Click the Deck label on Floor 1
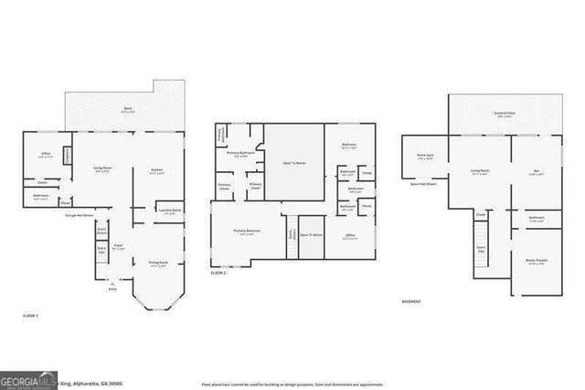[x=128, y=109]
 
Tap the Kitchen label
[x=157, y=170]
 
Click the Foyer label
[x=118, y=247]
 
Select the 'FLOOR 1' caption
[x=31, y=316]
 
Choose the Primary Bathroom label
[x=240, y=154]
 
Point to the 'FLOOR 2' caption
[x=218, y=273]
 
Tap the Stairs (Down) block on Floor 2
[x=292, y=233]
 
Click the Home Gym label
[x=425, y=156]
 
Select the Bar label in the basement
[x=537, y=171]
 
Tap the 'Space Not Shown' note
[x=423, y=184]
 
